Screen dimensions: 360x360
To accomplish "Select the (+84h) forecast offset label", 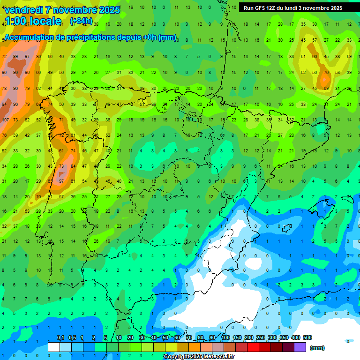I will pyautogui.click(x=81, y=21).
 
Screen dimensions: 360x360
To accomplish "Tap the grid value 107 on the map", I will pyautogui.click(x=5, y=120).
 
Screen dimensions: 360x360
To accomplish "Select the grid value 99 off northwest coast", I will pyautogui.click(x=15, y=57).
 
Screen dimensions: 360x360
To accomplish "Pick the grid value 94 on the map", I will pyautogui.click(x=5, y=105).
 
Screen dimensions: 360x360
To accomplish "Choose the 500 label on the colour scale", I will pyautogui.click(x=307, y=337).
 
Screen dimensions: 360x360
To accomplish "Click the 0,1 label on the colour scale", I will pyautogui.click(x=60, y=337).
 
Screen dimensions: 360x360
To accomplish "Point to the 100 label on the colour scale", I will pyautogui.click(x=225, y=337).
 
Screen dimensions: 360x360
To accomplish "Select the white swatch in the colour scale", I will pyautogui.click(x=54, y=347).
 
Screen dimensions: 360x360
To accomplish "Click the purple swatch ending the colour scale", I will pyautogui.click(x=300, y=347).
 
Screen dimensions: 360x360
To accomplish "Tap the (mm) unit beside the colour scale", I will pyautogui.click(x=317, y=348).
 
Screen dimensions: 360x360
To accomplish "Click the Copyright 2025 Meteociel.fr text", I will pyautogui.click(x=199, y=357).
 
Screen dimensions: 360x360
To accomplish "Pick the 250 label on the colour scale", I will pyautogui.click(x=261, y=337).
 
